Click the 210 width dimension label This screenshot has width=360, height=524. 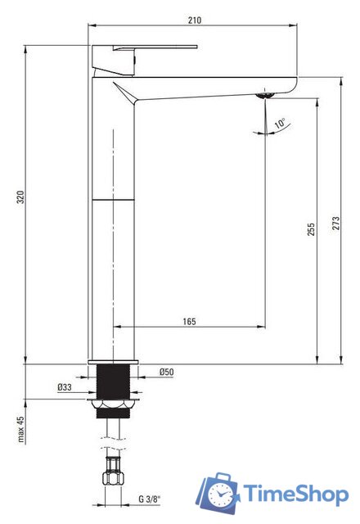pyautogui.click(x=195, y=20)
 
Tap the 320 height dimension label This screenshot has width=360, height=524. pyautogui.click(x=20, y=196)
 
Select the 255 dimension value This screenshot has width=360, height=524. pyautogui.click(x=311, y=229)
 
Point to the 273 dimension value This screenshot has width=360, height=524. pyautogui.click(x=335, y=223)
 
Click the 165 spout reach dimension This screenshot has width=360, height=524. pyautogui.click(x=189, y=322)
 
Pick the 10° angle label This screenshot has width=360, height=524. pyautogui.click(x=280, y=124)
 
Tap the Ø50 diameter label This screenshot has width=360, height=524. pyautogui.click(x=166, y=372)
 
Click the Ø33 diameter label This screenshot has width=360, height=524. pyautogui.click(x=65, y=387)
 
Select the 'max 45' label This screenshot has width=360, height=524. pyautogui.click(x=20, y=429)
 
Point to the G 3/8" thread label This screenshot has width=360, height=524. pyautogui.click(x=149, y=499)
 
